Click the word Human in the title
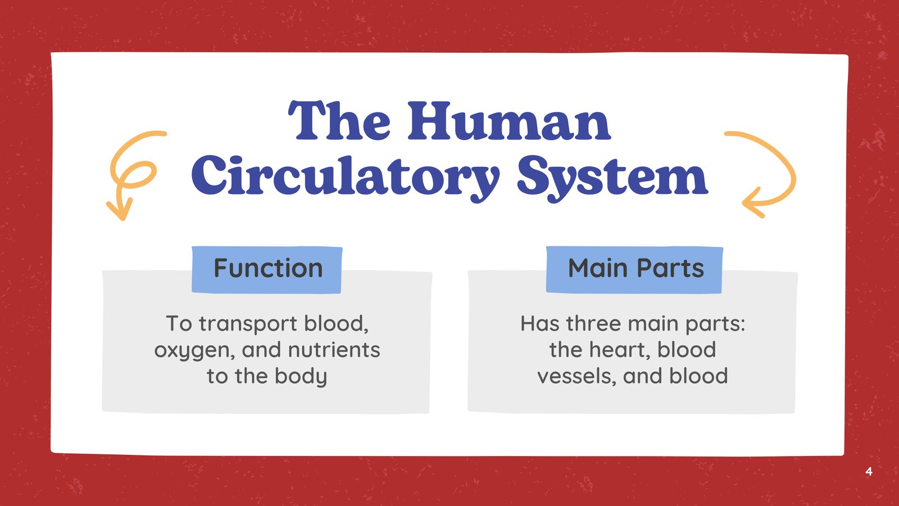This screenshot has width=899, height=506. [x=509, y=121]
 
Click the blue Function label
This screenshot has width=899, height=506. [x=267, y=269]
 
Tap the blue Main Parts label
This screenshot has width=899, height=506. [x=634, y=269]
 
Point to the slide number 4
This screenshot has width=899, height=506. [x=869, y=471]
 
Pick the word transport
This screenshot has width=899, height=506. [x=248, y=324]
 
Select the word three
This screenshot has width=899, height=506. [x=593, y=323]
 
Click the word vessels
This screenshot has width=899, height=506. [x=576, y=377]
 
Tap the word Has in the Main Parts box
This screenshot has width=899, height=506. [x=540, y=323]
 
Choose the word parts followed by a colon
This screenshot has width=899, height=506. [x=715, y=324]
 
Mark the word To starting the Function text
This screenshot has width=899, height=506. [x=179, y=323]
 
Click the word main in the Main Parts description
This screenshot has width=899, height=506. [x=653, y=323]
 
